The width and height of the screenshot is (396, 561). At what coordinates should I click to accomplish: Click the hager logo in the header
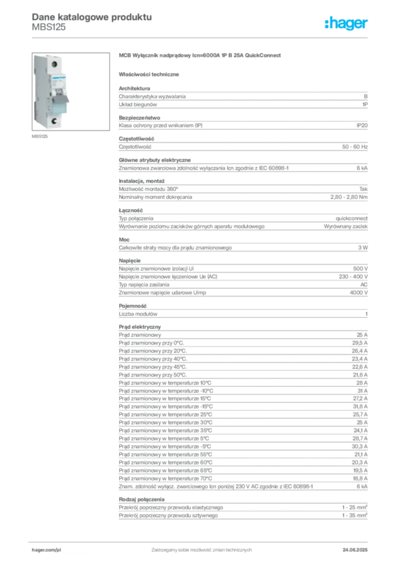pos(346,23)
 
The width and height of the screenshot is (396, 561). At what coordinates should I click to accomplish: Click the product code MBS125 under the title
pos(49,27)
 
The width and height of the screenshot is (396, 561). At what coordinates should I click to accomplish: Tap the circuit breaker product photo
pos(71,91)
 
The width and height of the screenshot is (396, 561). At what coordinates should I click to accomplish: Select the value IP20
pos(362,125)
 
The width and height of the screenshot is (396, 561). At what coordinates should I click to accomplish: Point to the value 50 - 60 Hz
pos(354,147)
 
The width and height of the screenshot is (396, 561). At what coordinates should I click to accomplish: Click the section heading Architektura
pos(134,88)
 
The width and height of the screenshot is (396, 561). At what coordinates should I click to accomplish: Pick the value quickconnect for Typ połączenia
pos(351,218)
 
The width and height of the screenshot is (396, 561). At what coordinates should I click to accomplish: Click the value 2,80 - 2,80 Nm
pos(349,197)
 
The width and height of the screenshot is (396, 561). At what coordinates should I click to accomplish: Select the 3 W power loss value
pos(363,248)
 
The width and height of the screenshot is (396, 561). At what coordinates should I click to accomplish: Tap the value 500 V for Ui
pos(360,268)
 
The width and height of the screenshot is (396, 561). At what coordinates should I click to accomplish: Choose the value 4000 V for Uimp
pos(358,293)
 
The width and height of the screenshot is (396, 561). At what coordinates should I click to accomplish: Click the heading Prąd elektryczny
pos(139,327)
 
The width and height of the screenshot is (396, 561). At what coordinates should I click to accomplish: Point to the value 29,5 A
pos(359,343)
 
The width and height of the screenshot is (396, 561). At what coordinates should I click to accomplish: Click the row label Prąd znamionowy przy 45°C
pos(153,367)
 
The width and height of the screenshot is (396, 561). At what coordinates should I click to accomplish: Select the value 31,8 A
pos(360,407)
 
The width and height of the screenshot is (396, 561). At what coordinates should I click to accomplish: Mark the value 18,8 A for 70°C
pos(360,478)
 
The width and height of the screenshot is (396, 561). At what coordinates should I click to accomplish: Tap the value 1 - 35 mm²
pos(354,515)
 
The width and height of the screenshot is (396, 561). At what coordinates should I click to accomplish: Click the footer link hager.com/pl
pos(46,550)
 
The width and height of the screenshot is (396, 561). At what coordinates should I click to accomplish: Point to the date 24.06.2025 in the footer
pos(355,550)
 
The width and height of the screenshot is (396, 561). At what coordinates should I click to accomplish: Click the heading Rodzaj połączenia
pos(142,500)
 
